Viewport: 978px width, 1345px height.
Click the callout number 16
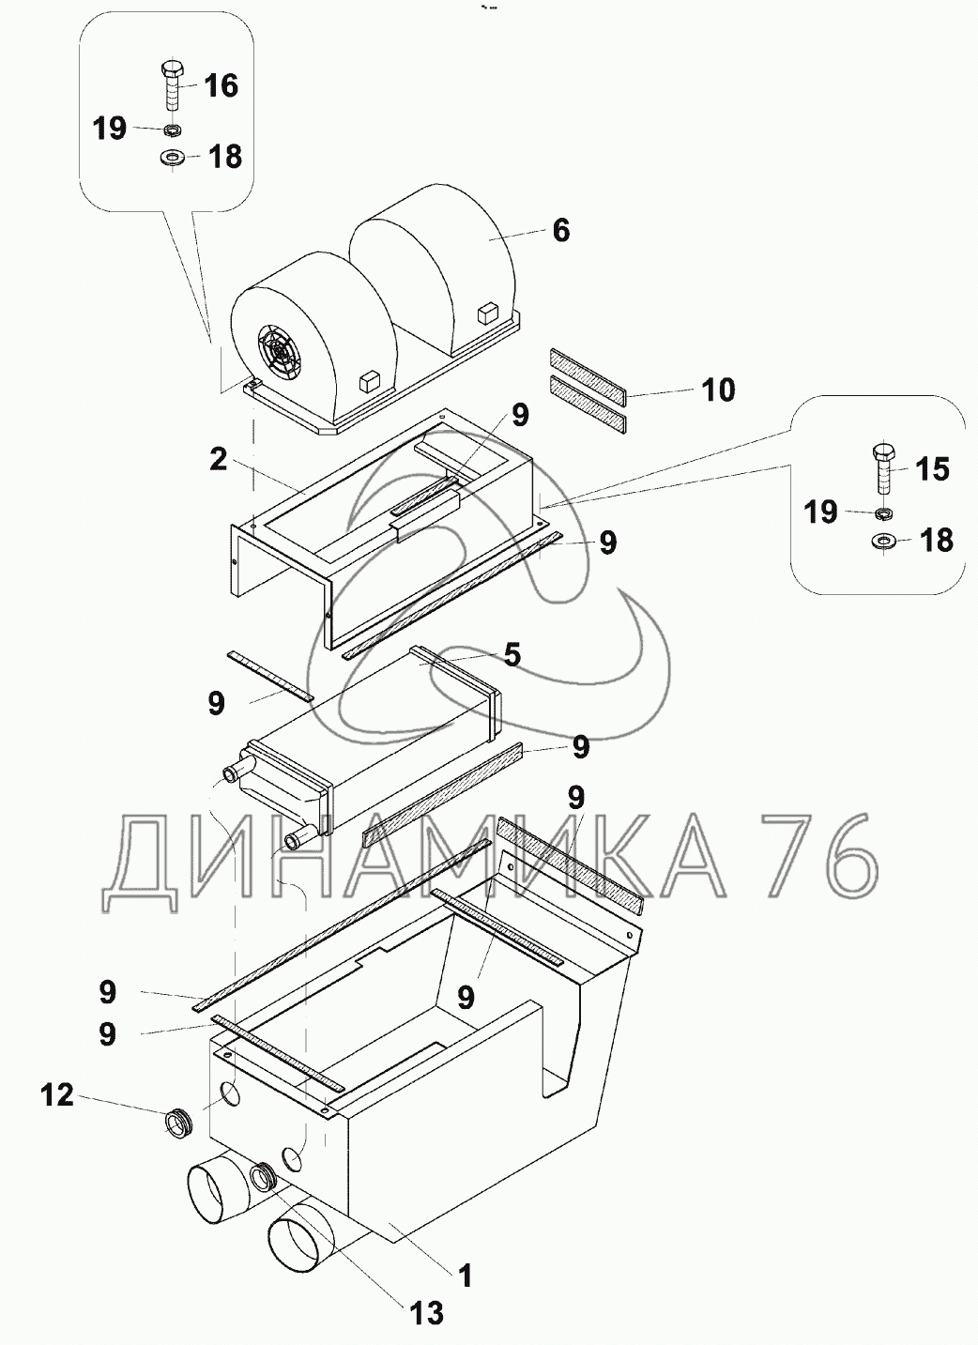221,85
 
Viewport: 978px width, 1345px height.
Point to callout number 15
932,467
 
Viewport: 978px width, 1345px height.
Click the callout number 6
560,230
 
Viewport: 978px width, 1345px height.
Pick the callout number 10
718,389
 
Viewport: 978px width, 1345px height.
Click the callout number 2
218,460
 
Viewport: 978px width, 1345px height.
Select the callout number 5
512,653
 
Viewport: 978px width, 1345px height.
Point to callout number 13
427,1312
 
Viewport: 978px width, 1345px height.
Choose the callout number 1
465,1275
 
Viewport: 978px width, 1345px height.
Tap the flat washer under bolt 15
883,541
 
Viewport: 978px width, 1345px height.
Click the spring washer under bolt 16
173,130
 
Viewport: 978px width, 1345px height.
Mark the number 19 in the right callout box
820,512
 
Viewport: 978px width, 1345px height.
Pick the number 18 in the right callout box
937,541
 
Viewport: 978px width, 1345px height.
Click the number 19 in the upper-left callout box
110,128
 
